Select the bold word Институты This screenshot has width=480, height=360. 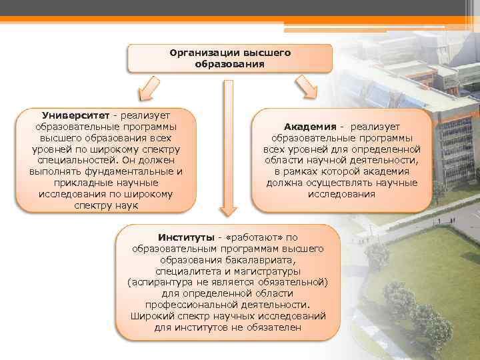186,237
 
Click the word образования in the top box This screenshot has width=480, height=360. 229,64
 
